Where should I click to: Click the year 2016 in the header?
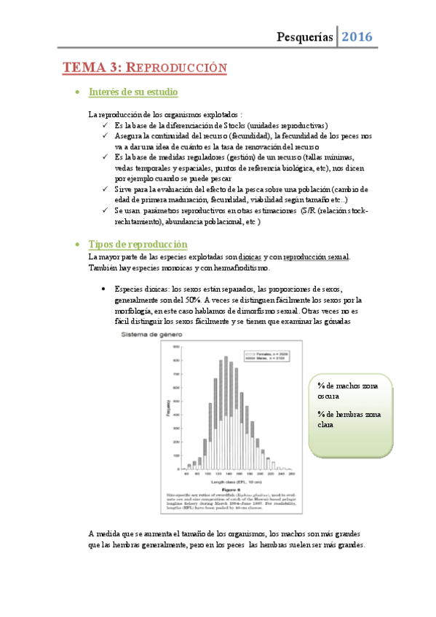pos(357,36)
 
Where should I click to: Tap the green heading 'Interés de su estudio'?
pos(133,92)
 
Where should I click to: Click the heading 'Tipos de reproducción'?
pos(138,244)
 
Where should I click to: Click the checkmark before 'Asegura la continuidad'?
pos(107,136)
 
